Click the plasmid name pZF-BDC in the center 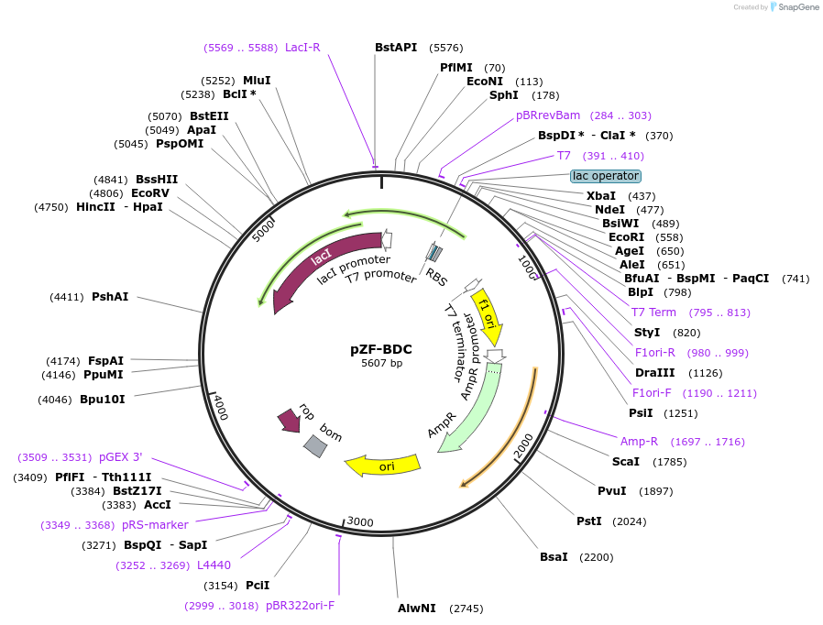[x=381, y=349]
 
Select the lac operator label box [x=605, y=175]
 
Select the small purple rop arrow [x=290, y=421]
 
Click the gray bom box [x=315, y=445]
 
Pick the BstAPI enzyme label [x=395, y=48]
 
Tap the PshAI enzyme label [x=110, y=297]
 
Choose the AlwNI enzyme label [x=417, y=608]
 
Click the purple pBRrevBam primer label [x=548, y=115]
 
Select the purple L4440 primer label [x=214, y=565]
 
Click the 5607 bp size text [x=381, y=364]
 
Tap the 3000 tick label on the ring [x=359, y=522]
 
